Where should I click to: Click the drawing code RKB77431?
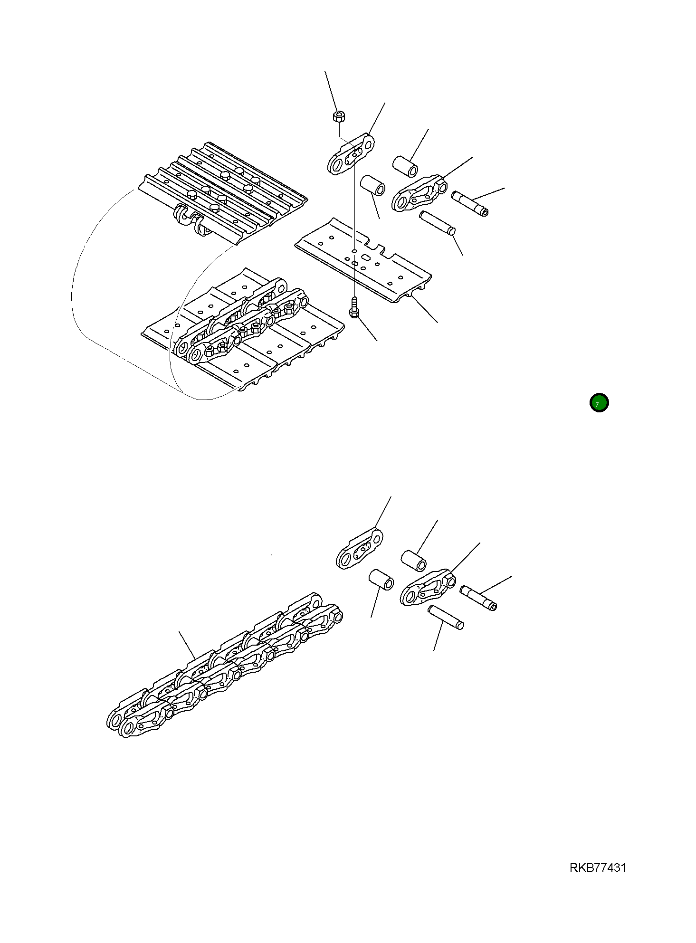coord(598,868)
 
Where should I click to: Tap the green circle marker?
coord(599,403)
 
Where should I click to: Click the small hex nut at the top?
coord(339,116)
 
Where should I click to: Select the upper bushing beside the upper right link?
coord(405,165)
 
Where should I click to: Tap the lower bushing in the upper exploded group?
coord(373,185)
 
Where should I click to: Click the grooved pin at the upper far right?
coord(469,203)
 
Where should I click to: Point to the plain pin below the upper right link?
coord(437,223)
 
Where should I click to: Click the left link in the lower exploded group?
coord(360,548)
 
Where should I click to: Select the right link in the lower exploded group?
coord(428,588)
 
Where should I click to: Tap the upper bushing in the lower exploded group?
coord(413,560)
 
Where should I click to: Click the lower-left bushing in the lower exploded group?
coord(381,580)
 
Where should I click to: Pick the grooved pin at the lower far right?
coord(478,598)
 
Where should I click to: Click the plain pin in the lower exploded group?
coord(446,617)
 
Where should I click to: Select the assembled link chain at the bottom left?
coord(223,665)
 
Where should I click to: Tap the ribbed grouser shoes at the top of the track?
coord(223,190)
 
